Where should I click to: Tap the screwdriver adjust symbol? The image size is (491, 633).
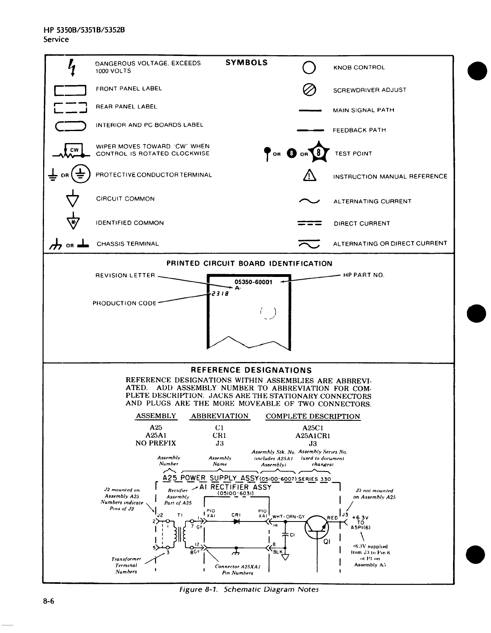(310, 90)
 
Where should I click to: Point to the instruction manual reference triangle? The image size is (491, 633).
(310, 176)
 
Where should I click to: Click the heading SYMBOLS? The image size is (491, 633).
(246, 63)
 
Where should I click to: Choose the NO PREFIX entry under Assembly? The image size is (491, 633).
(155, 443)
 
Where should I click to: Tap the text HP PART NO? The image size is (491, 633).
(364, 275)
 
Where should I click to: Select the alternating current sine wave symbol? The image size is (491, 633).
(310, 201)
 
